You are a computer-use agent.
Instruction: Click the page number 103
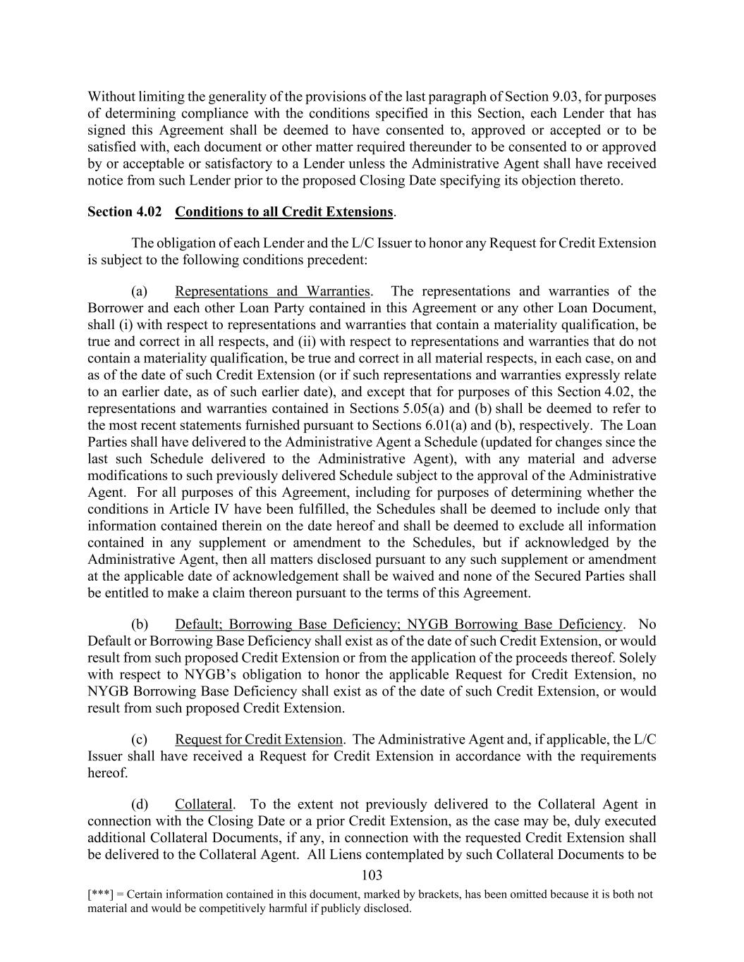tap(371, 875)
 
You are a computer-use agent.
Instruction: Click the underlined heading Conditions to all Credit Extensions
tap(283, 211)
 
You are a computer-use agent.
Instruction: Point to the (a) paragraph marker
tap(139, 291)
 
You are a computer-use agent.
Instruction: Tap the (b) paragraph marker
tap(139, 624)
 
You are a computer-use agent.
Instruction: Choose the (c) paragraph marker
tap(139, 739)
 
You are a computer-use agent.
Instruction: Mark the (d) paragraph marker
tap(139, 804)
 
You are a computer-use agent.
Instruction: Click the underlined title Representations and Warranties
tap(272, 291)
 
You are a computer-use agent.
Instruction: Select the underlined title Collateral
tap(203, 804)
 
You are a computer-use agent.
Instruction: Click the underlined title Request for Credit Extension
tap(259, 739)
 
